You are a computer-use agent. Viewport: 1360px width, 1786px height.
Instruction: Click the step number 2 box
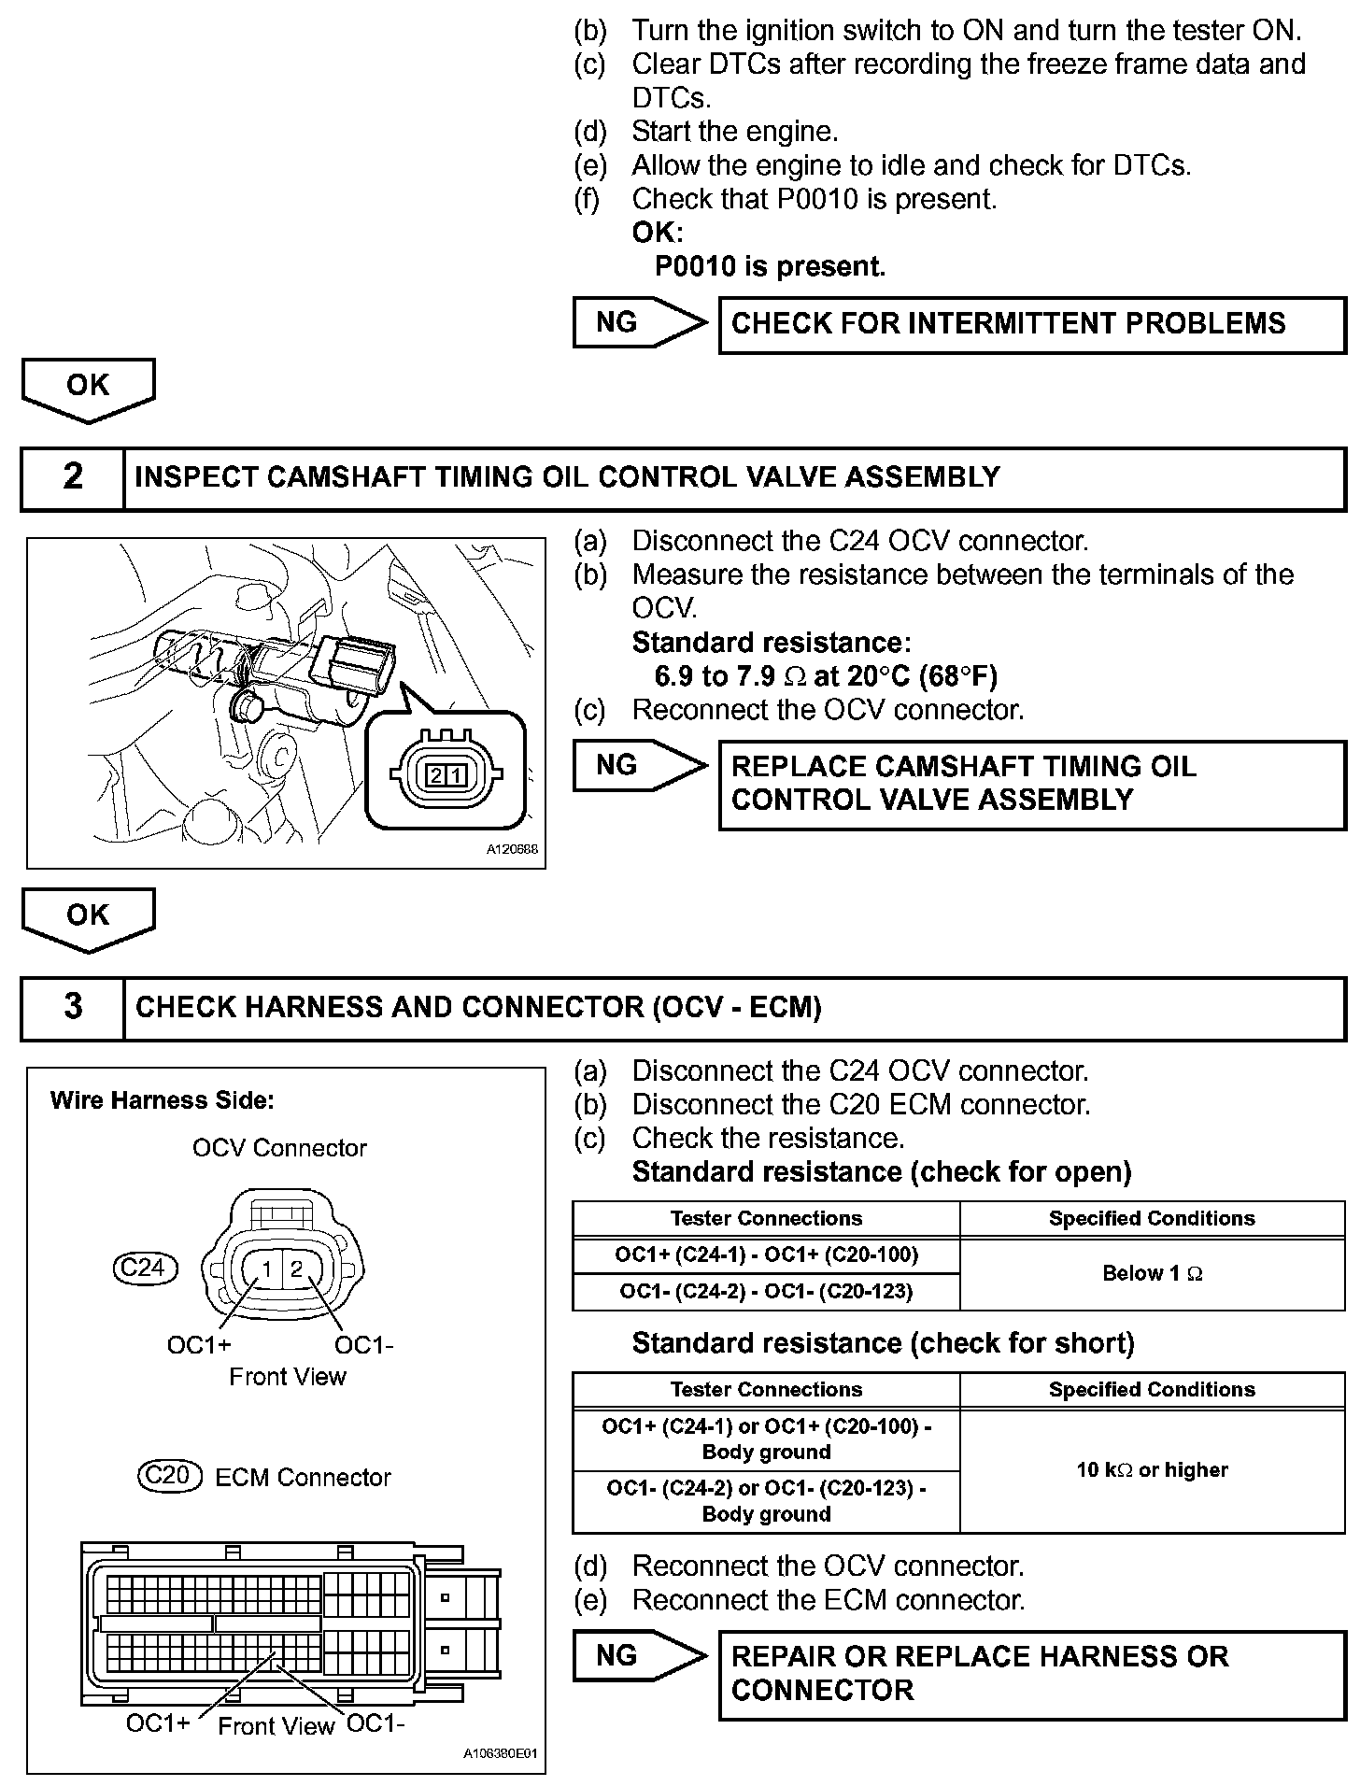pyautogui.click(x=73, y=478)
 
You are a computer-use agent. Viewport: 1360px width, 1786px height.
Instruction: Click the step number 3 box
pyautogui.click(x=73, y=1008)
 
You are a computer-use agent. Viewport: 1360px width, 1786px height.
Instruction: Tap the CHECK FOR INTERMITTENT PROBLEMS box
pyautogui.click(x=1031, y=324)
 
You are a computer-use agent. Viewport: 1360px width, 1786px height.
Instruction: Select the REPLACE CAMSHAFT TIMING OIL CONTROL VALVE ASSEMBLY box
pyautogui.click(x=1031, y=784)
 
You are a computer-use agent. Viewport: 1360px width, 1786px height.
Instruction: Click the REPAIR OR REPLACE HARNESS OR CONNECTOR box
pyautogui.click(x=1031, y=1674)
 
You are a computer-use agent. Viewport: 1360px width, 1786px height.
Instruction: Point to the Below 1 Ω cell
pyautogui.click(x=1152, y=1273)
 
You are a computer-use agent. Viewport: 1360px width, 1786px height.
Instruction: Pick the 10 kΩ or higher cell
pyautogui.click(x=1152, y=1470)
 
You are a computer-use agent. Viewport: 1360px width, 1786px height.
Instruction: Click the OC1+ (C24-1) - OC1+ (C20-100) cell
pyautogui.click(x=766, y=1254)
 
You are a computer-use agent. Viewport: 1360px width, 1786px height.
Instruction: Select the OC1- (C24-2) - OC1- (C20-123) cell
pyautogui.click(x=766, y=1292)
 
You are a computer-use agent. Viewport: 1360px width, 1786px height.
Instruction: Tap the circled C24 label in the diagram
pyautogui.click(x=143, y=1268)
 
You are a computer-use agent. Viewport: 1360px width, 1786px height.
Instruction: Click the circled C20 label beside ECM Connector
pyautogui.click(x=169, y=1476)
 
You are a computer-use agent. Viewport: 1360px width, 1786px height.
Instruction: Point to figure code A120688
pyautogui.click(x=512, y=851)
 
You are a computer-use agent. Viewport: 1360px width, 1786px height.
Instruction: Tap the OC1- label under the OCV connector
pyautogui.click(x=364, y=1345)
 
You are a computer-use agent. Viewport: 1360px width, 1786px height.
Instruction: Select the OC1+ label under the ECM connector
pyautogui.click(x=158, y=1722)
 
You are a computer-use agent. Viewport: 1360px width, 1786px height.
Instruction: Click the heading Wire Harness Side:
pyautogui.click(x=162, y=1100)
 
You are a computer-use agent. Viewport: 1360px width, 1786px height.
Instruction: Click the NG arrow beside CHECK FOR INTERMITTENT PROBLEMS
pyautogui.click(x=637, y=323)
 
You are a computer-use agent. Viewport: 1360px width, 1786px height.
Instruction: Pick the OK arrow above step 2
pyautogui.click(x=88, y=388)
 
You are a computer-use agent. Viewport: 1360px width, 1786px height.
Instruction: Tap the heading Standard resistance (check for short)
pyautogui.click(x=883, y=1343)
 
